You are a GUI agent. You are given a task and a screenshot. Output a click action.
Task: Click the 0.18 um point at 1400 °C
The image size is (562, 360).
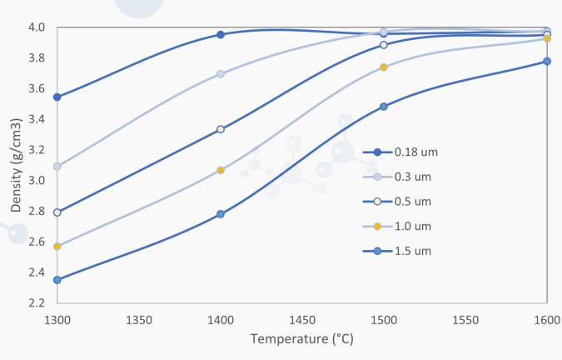point(221,35)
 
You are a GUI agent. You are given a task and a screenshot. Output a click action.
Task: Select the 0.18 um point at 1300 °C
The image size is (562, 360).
point(57,97)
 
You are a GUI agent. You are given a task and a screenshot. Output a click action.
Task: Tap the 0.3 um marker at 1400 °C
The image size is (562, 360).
point(221,74)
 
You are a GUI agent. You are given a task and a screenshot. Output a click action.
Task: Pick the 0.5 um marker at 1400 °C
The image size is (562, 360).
point(221,129)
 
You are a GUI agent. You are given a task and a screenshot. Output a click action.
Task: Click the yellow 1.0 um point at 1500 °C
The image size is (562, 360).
point(384,67)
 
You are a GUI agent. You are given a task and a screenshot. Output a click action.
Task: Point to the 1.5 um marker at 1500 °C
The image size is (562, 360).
point(384,107)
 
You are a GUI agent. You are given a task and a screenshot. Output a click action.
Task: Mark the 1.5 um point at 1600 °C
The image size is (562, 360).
point(547,62)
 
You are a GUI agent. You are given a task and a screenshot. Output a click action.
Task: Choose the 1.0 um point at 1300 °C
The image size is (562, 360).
point(57,247)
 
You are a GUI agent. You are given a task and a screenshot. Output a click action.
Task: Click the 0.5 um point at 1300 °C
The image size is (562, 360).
point(57,212)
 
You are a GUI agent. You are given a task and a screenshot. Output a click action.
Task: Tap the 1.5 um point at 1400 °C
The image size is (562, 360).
point(221,214)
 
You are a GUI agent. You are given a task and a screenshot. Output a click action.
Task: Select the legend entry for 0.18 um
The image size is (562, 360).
point(400,152)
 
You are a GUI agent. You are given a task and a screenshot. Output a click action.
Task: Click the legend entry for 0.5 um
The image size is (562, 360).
point(397,202)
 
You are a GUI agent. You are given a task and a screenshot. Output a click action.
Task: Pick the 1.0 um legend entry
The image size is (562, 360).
point(397,227)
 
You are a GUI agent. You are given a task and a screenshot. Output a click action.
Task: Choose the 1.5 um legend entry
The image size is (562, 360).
point(397,251)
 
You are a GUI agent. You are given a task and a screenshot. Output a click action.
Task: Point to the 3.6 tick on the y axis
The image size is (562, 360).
point(37,88)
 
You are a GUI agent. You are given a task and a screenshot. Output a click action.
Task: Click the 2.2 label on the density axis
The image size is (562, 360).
point(37,303)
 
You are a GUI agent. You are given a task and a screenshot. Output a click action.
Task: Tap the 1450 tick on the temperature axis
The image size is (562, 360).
point(302,320)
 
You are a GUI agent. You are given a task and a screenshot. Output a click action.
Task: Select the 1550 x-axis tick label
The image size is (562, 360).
point(465,320)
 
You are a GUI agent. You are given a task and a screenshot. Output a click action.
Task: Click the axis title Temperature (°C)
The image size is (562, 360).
point(301,339)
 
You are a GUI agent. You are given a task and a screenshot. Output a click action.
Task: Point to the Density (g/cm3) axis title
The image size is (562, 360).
point(16,165)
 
